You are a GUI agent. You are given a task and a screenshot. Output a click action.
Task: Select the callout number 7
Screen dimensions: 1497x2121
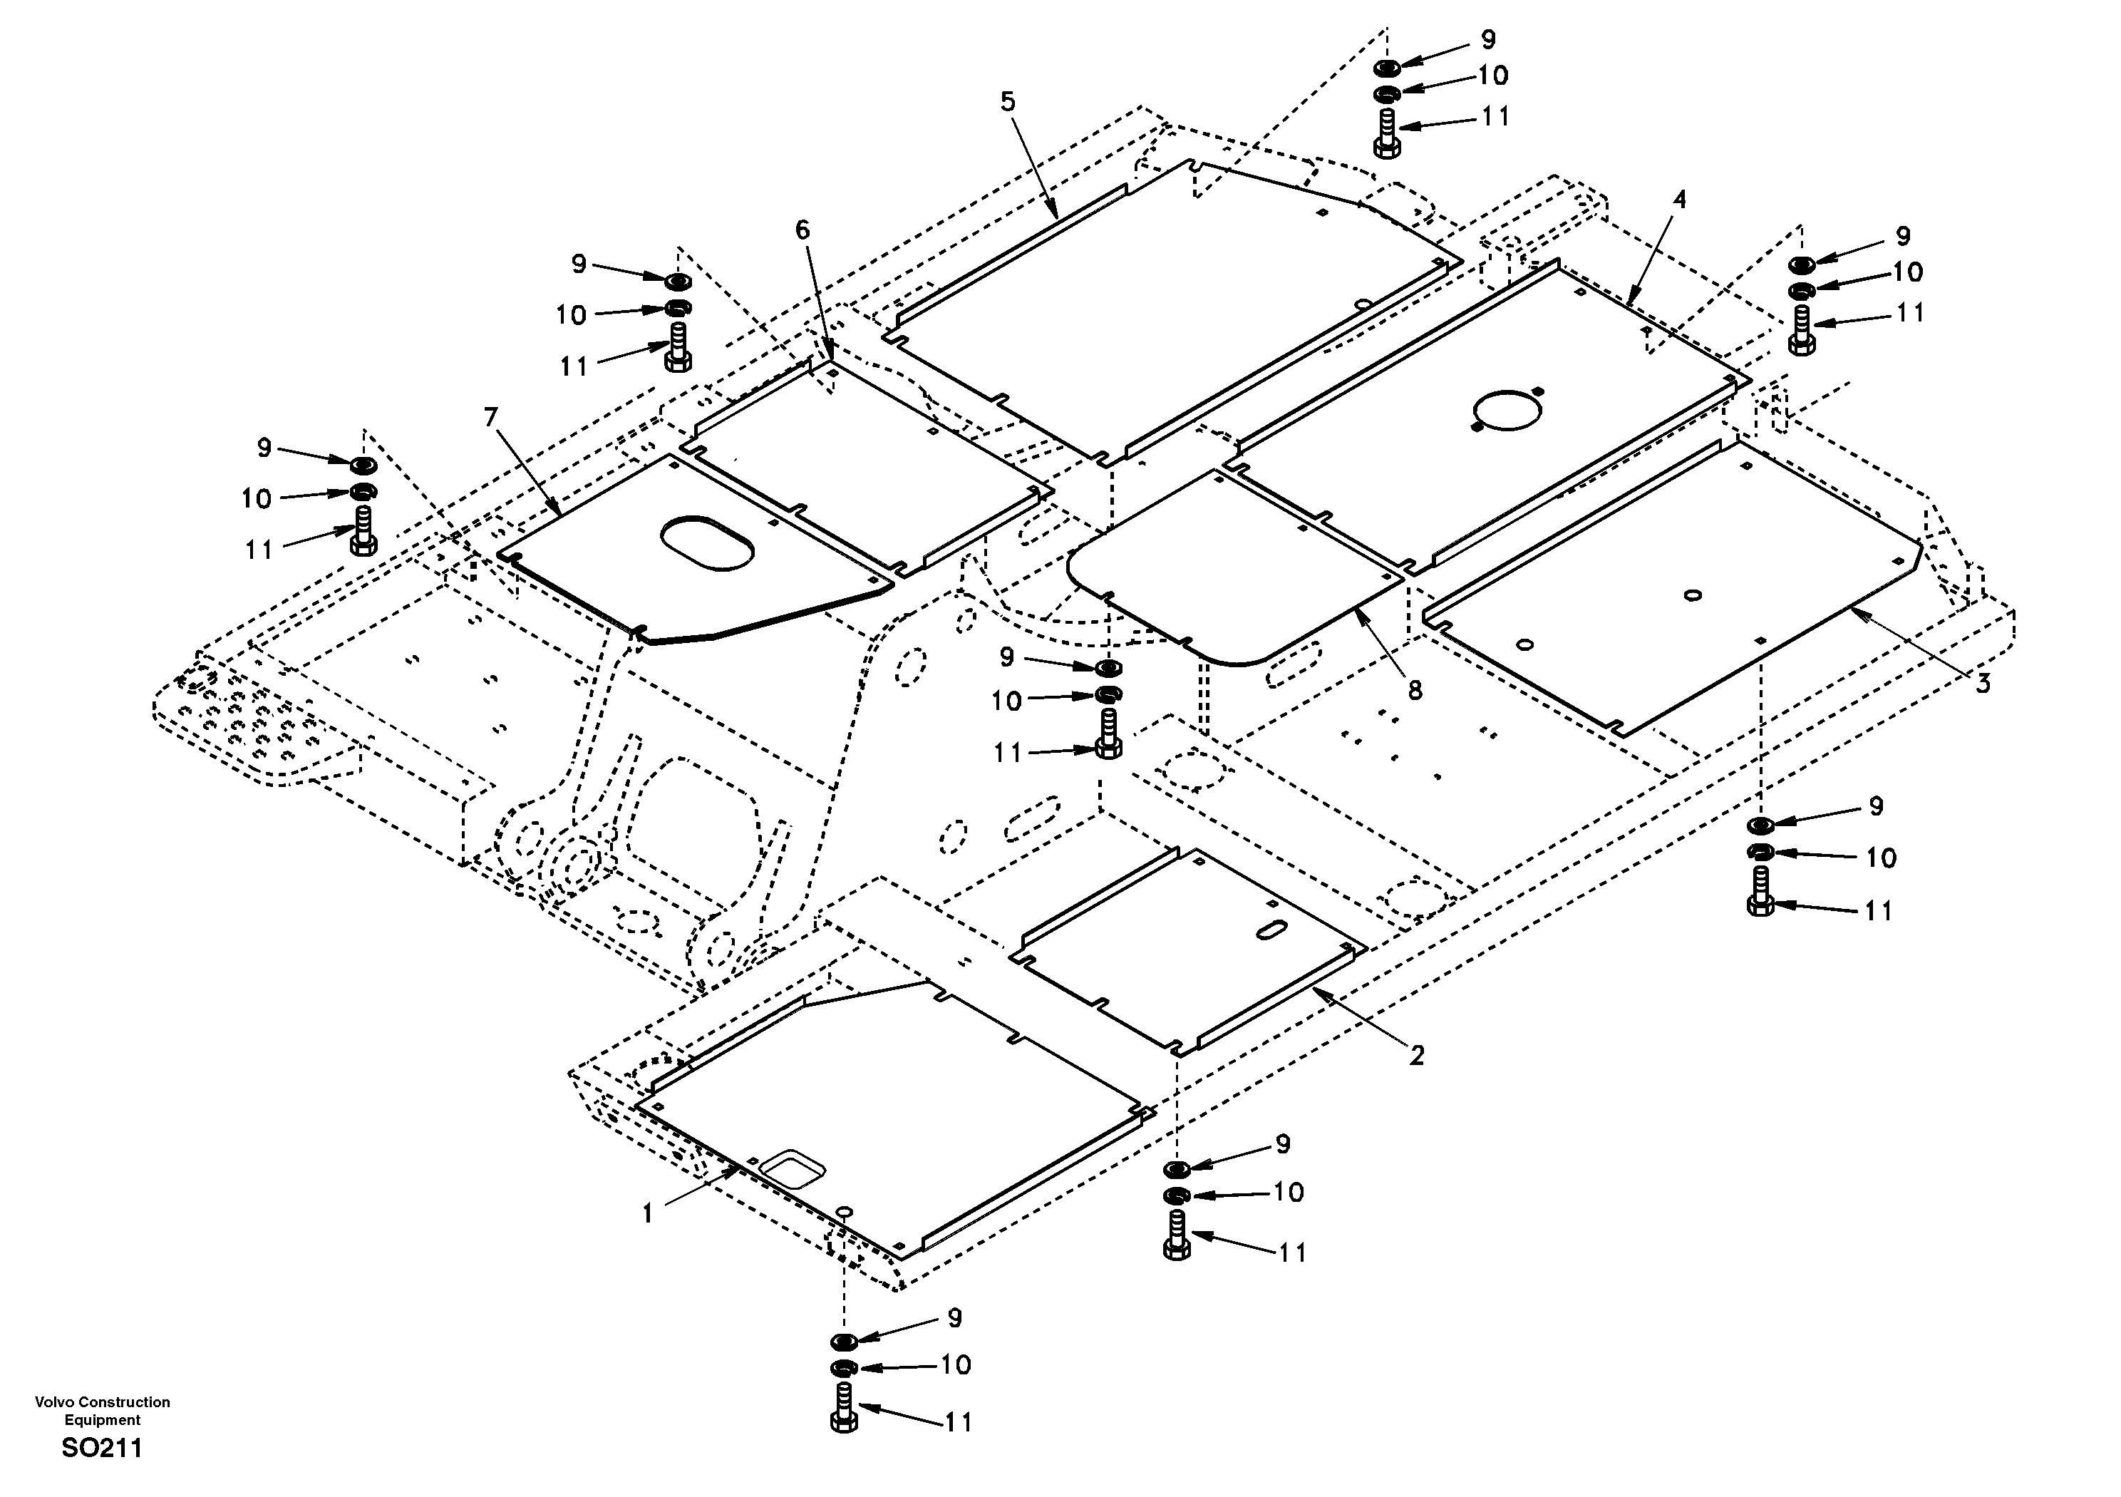point(490,418)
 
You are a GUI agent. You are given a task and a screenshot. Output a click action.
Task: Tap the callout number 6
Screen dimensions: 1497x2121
point(802,230)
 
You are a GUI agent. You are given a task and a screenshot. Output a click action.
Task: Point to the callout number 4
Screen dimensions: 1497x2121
point(1679,200)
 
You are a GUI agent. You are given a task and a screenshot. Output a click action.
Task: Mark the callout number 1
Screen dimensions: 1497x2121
point(648,1213)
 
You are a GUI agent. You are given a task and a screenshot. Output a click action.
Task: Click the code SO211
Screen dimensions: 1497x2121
point(102,1448)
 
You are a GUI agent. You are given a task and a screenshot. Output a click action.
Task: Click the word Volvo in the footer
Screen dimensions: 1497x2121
point(54,1401)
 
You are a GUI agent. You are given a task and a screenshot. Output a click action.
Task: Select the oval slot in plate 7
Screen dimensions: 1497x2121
point(708,542)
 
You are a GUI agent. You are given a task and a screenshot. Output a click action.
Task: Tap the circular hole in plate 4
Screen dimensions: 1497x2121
point(1507,408)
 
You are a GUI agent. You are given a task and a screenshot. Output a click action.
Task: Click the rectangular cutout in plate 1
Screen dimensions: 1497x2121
point(792,1169)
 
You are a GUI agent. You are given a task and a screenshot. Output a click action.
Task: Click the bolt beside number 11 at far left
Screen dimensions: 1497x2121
point(362,533)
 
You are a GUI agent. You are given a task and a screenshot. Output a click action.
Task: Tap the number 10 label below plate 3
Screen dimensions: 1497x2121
point(1881,858)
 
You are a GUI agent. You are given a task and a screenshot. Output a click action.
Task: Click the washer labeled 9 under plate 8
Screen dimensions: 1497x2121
point(1108,667)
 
